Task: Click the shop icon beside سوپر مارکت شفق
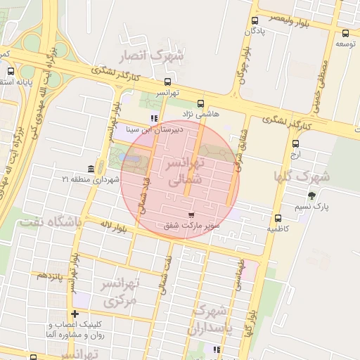(192, 214)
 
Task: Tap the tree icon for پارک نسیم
(311, 195)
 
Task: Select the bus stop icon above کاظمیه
(278, 217)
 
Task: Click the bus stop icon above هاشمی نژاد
(201, 103)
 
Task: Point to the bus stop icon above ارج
(295, 143)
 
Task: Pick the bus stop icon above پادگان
(253, 20)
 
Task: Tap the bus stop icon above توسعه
(345, 32)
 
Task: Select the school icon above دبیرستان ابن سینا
(154, 119)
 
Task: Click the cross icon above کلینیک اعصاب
(74, 314)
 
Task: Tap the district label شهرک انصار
(156, 54)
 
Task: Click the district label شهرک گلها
(304, 176)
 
